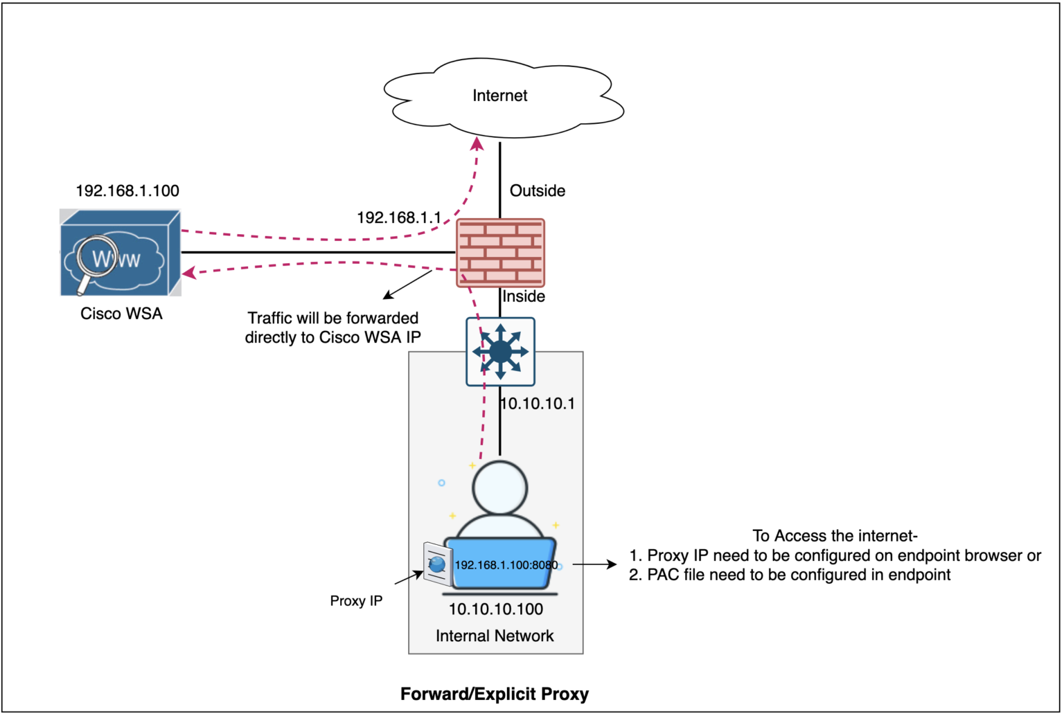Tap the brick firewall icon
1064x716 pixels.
click(500, 253)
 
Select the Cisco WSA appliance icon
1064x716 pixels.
click(121, 253)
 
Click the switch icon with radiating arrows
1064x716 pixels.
click(500, 352)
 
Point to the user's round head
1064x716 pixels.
click(499, 487)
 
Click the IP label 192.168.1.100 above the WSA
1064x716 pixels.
click(127, 191)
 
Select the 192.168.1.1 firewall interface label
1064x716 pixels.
click(398, 218)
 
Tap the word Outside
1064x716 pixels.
click(537, 191)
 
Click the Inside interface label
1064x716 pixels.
click(524, 297)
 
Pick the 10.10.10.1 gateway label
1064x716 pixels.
click(538, 404)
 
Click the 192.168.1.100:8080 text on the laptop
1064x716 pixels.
click(506, 565)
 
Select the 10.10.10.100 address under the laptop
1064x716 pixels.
click(496, 609)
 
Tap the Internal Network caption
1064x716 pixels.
click(495, 636)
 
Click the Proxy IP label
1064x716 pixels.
click(356, 601)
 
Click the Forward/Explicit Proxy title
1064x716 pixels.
click(495, 695)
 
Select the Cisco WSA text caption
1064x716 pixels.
click(121, 314)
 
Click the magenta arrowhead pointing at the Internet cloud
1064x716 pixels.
click(477, 143)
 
